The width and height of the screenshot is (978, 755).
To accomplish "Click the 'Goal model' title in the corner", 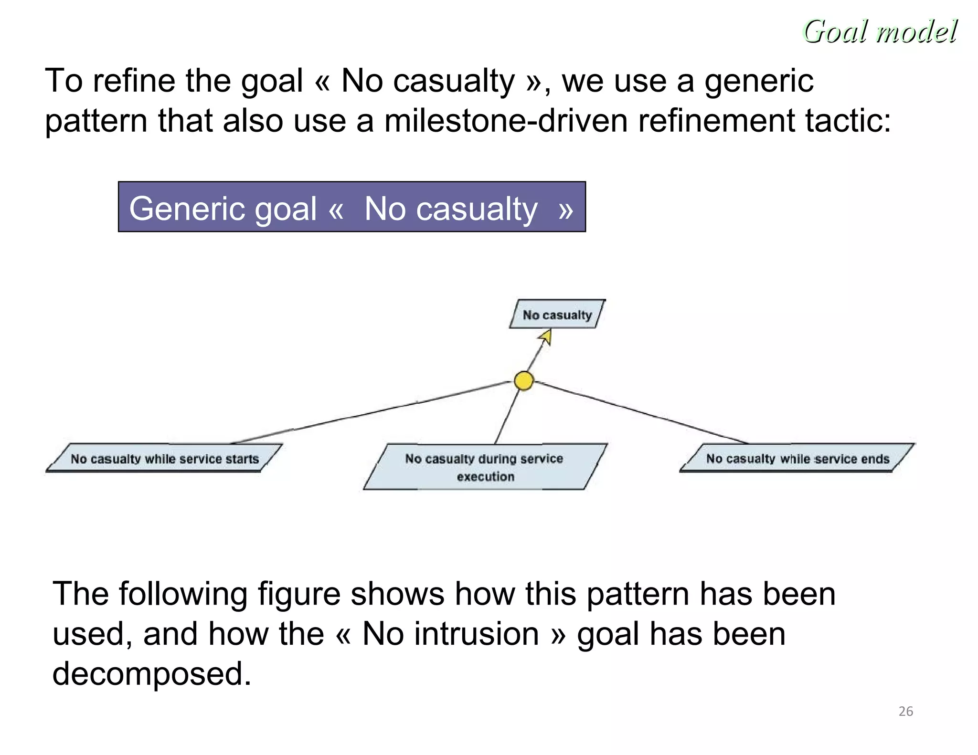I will (880, 31).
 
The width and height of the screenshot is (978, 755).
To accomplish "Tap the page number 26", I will (905, 711).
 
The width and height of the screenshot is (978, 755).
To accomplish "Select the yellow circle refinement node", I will (524, 381).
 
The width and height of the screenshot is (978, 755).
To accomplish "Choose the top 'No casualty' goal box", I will (557, 315).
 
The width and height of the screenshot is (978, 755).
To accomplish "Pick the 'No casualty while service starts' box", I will (164, 459).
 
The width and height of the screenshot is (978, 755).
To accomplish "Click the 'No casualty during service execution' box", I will (484, 467).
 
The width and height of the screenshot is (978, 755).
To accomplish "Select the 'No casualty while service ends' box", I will (797, 458).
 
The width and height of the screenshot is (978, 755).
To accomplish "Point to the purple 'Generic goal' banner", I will (351, 207).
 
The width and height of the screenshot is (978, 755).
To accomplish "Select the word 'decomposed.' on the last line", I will (151, 673).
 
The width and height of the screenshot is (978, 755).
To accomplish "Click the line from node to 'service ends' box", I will (640, 412).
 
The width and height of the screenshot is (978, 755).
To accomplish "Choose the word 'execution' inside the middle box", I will (485, 476).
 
